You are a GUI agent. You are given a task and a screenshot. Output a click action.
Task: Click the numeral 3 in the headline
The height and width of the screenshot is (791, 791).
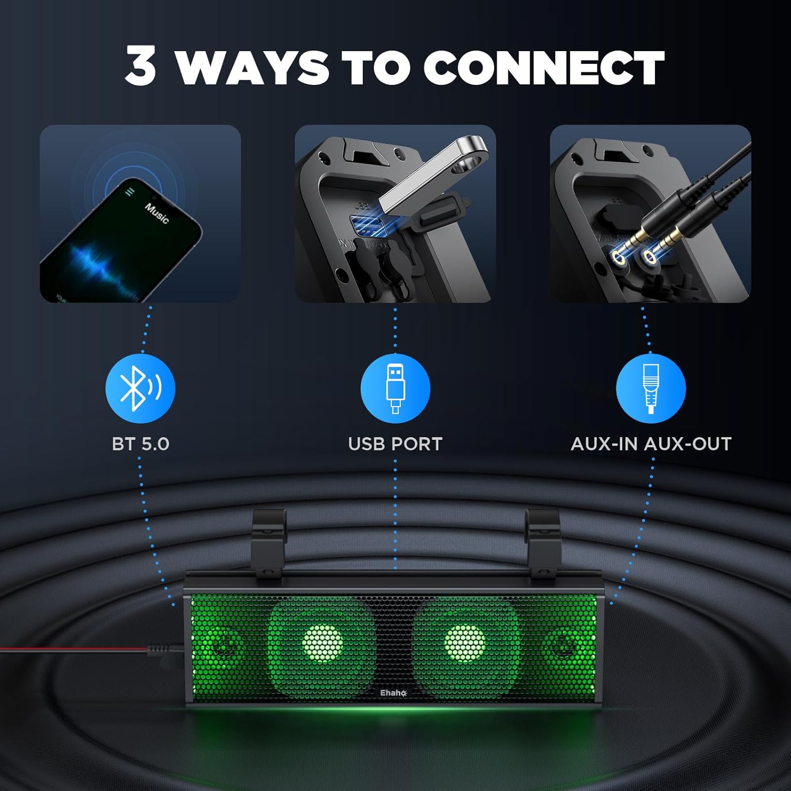point(141,66)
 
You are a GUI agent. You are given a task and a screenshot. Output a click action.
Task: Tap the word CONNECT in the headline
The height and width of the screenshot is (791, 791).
point(543,67)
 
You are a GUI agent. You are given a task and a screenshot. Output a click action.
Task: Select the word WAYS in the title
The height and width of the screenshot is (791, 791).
point(252,67)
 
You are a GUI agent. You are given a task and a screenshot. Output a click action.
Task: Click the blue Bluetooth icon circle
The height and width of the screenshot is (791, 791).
point(140,388)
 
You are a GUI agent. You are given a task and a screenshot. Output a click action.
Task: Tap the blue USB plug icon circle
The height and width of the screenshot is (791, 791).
point(395,388)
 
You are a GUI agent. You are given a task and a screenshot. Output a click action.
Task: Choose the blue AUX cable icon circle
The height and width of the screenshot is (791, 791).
point(651,388)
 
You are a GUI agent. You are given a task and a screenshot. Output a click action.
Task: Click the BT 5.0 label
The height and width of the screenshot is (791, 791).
point(140,444)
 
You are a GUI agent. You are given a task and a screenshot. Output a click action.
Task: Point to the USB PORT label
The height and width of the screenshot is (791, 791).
point(395,444)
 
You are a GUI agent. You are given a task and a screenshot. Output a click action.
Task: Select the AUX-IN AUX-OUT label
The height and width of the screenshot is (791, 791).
point(651,444)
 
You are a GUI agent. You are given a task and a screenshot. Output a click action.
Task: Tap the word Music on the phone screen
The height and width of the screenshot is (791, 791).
point(157,213)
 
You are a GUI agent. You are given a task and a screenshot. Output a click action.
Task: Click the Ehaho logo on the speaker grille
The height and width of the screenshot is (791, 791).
point(393,693)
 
